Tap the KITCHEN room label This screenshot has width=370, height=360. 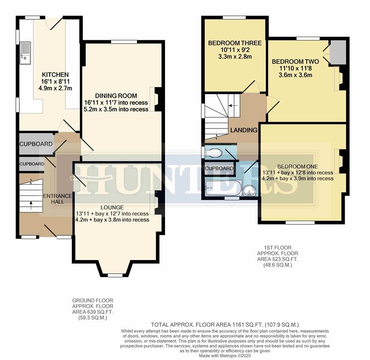55,75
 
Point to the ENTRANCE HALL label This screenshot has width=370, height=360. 57,199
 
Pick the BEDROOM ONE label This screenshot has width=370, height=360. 297,166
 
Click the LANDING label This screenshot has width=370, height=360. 243,130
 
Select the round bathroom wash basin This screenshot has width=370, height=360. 250,189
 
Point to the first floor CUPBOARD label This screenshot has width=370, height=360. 219,168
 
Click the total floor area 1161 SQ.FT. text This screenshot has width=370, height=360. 225,324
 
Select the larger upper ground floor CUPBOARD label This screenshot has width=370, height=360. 36,144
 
